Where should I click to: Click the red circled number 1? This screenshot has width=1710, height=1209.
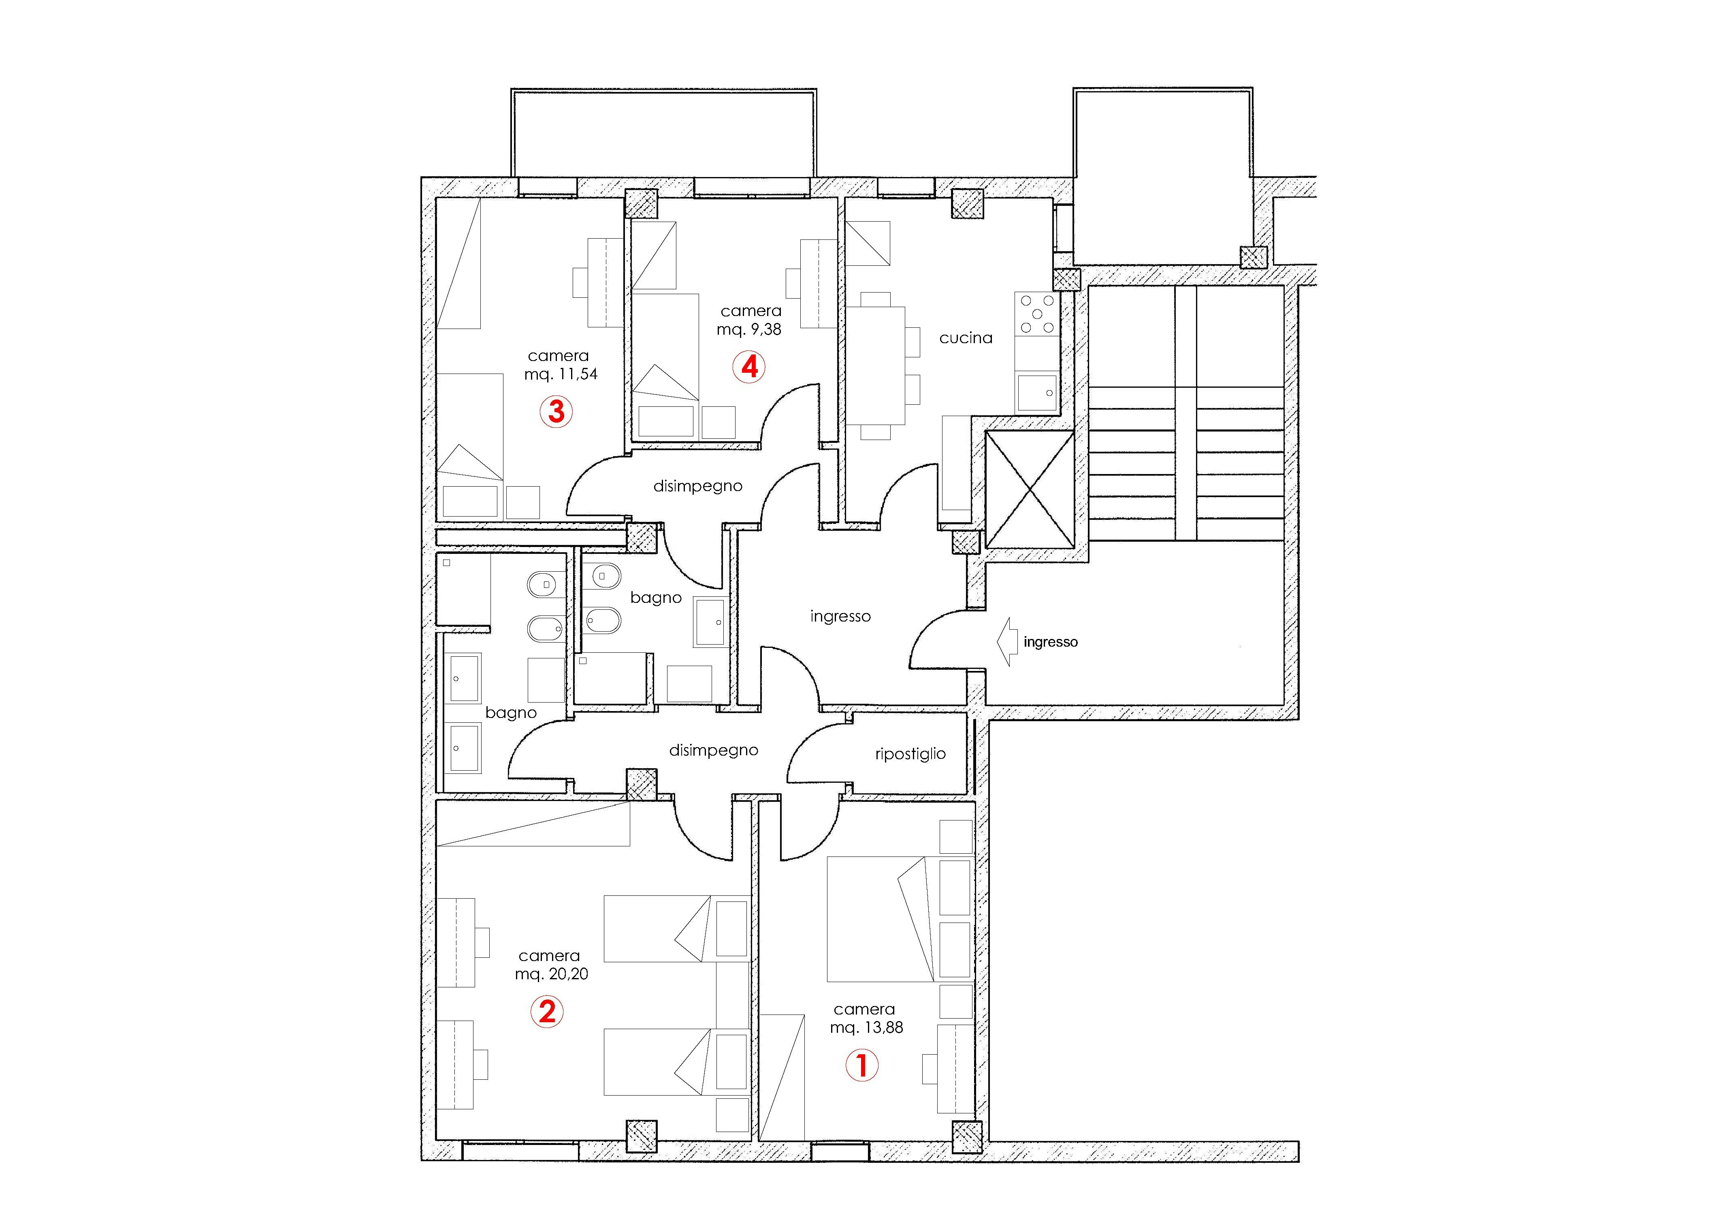pyautogui.click(x=862, y=1065)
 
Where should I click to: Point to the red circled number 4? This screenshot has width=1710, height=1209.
pyautogui.click(x=749, y=367)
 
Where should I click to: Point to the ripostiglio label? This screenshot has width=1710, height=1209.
pyautogui.click(x=910, y=754)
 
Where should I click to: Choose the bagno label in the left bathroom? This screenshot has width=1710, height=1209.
pyautogui.click(x=510, y=713)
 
